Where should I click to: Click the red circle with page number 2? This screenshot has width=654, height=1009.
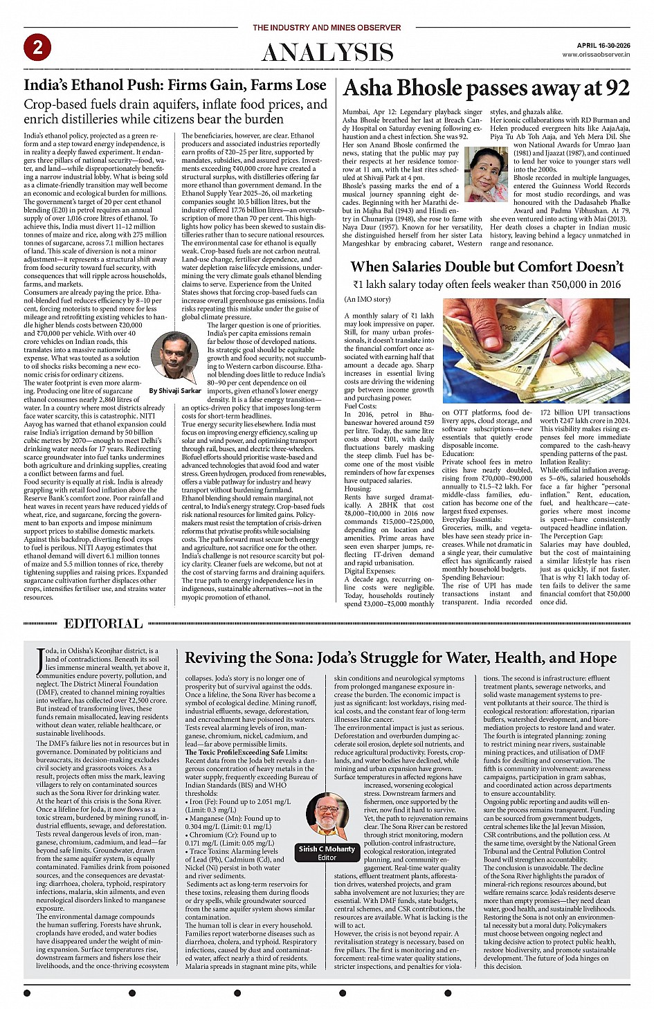tap(37, 47)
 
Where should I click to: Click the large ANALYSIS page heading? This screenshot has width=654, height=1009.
tap(327, 53)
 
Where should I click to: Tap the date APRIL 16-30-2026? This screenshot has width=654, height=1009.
tap(603, 45)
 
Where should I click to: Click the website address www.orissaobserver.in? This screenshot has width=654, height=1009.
tap(596, 54)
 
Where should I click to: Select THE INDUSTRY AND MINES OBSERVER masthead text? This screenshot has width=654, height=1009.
tap(327, 28)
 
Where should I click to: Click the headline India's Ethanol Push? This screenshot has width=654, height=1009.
tap(174, 85)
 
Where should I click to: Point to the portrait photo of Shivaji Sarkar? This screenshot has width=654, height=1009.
tap(174, 356)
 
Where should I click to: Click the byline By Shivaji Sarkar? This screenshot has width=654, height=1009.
tap(175, 390)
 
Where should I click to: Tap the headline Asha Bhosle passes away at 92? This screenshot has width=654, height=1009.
tap(486, 88)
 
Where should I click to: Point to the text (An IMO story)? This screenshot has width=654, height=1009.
tap(367, 299)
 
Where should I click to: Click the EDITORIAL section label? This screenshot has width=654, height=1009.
tap(103, 624)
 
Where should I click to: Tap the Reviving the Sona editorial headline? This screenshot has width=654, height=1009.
tap(401, 657)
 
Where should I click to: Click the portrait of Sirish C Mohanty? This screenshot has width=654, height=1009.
tap(327, 817)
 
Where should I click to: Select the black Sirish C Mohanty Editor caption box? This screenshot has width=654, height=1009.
tap(327, 853)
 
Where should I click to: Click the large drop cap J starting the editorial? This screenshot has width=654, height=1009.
tap(40, 660)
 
